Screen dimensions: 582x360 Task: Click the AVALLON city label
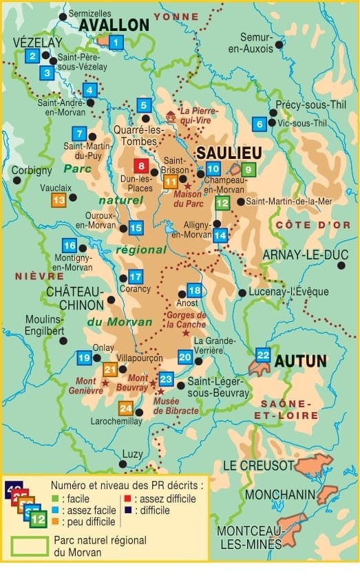(x=114, y=25)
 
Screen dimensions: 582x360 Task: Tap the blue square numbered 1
(x=116, y=44)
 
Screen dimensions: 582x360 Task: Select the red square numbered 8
(x=141, y=166)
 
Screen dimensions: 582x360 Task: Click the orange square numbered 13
(x=59, y=200)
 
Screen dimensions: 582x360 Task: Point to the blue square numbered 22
(x=263, y=355)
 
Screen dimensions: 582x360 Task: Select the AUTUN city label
(x=300, y=361)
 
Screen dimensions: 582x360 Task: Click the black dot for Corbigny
(x=17, y=180)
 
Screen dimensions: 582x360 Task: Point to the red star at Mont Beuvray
(x=153, y=391)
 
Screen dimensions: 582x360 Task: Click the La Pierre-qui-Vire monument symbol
(x=171, y=115)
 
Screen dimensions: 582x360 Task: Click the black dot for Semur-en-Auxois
(x=279, y=45)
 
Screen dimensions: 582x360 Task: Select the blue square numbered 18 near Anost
(x=195, y=290)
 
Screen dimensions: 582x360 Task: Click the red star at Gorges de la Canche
(x=184, y=333)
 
